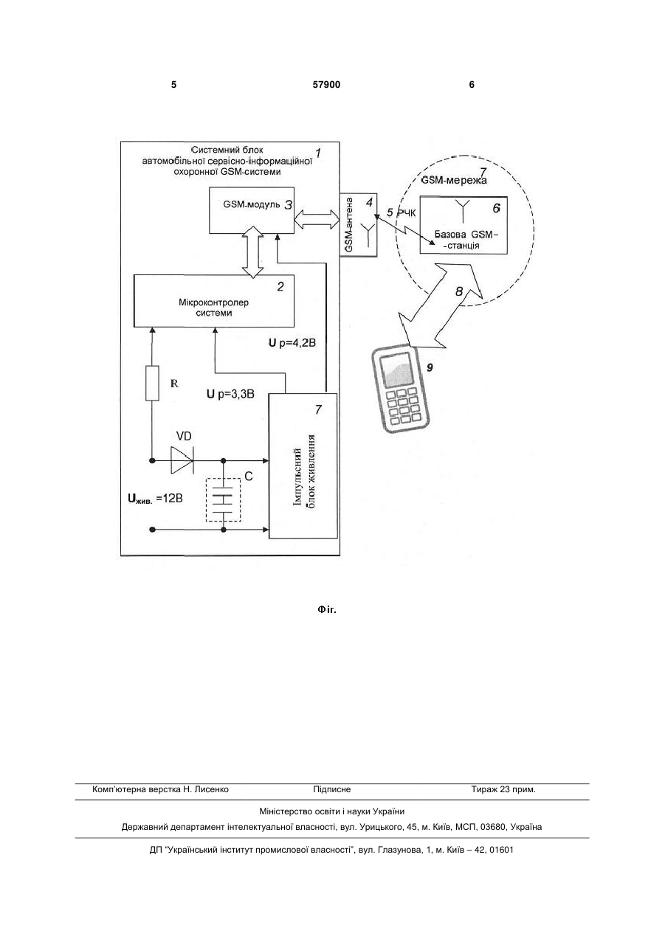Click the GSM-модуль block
[252, 210]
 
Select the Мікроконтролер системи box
[214, 301]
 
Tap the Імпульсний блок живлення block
[303, 465]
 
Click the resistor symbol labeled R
[152, 383]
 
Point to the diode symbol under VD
[182, 460]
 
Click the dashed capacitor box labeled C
[224, 499]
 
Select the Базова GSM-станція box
[464, 225]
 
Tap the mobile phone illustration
[400, 389]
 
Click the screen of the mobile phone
[396, 370]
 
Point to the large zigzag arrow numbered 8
[441, 305]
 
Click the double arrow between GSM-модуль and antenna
[317, 219]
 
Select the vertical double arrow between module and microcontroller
[253, 252]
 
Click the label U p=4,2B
[292, 343]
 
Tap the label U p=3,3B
[230, 394]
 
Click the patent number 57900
[326, 85]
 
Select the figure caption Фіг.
[327, 609]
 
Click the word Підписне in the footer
[332, 789]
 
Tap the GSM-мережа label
[454, 180]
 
